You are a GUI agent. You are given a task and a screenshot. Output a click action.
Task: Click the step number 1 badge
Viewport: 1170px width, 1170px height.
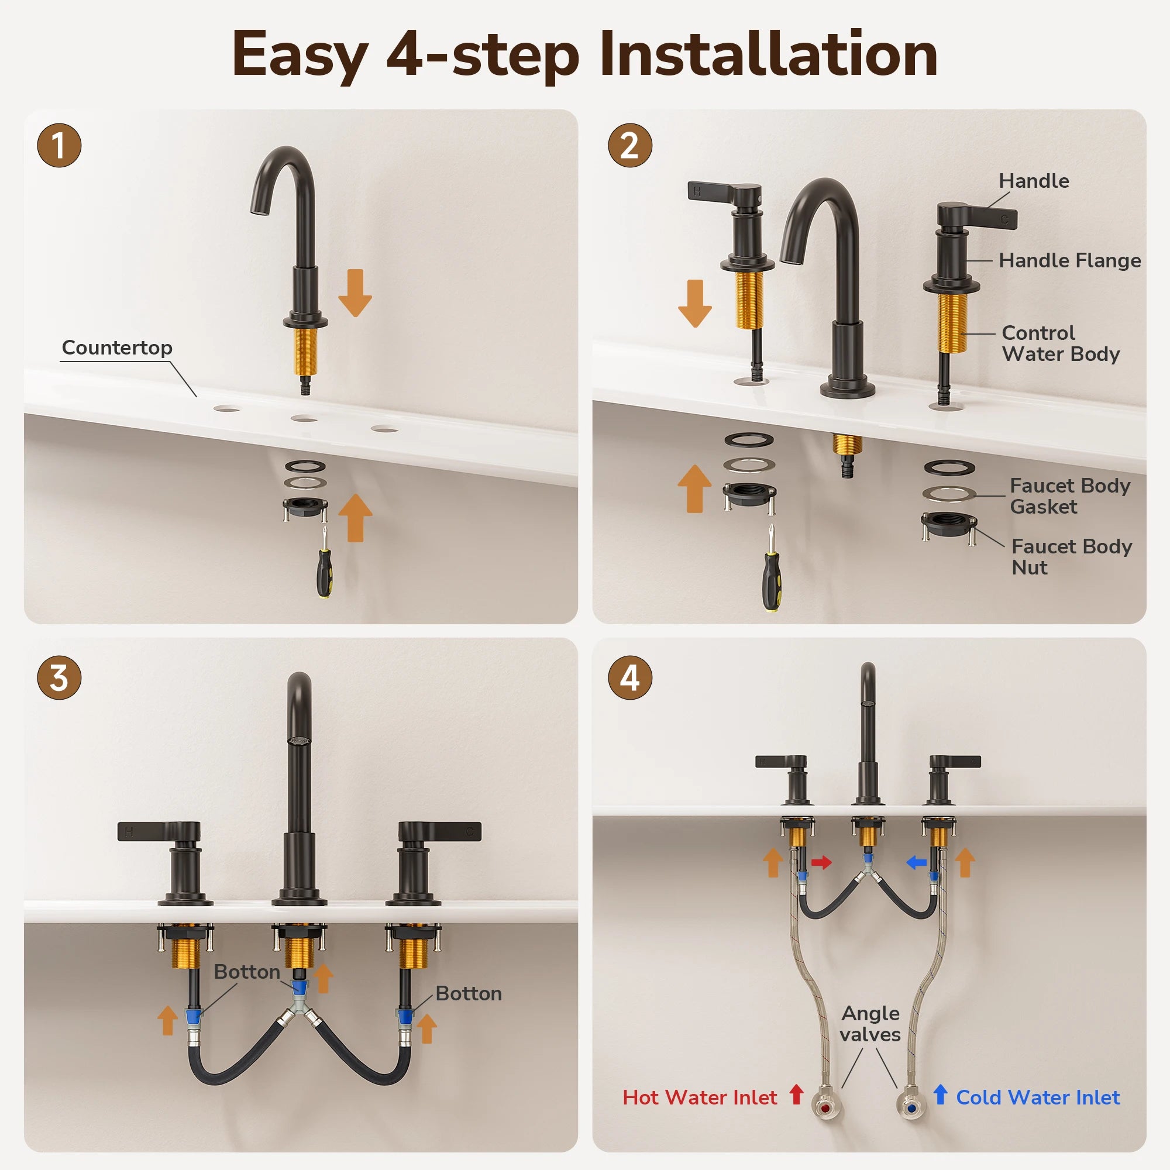[x=59, y=145]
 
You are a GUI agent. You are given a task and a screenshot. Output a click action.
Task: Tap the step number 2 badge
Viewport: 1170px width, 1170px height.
[x=630, y=145]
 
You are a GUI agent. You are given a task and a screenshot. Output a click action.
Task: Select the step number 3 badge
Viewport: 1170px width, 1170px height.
[x=59, y=677]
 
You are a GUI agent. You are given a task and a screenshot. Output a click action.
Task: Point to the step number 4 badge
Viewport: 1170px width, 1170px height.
[x=630, y=677]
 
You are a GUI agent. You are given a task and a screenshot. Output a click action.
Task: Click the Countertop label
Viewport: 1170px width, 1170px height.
[x=117, y=347]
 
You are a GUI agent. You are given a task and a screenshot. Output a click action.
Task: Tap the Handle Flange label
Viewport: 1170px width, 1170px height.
[x=1069, y=260]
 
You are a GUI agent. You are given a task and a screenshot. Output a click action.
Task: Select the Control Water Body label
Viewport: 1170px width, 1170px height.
[x=1061, y=343]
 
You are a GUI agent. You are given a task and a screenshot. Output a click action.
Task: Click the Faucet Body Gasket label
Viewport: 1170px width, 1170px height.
[x=1070, y=496]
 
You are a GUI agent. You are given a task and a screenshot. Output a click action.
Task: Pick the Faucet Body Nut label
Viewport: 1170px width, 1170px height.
[x=1071, y=557]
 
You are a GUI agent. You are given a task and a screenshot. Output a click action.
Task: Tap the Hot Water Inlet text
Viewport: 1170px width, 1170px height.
[x=700, y=1097]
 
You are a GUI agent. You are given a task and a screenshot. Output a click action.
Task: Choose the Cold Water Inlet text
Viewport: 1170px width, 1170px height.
[x=1038, y=1097]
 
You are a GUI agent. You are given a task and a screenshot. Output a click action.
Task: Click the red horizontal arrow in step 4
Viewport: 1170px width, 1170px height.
[x=821, y=862]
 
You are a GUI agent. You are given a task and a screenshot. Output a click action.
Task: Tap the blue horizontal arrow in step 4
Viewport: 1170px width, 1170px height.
[x=916, y=862]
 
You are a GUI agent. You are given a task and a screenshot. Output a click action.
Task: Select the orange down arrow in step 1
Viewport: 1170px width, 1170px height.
[x=355, y=293]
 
